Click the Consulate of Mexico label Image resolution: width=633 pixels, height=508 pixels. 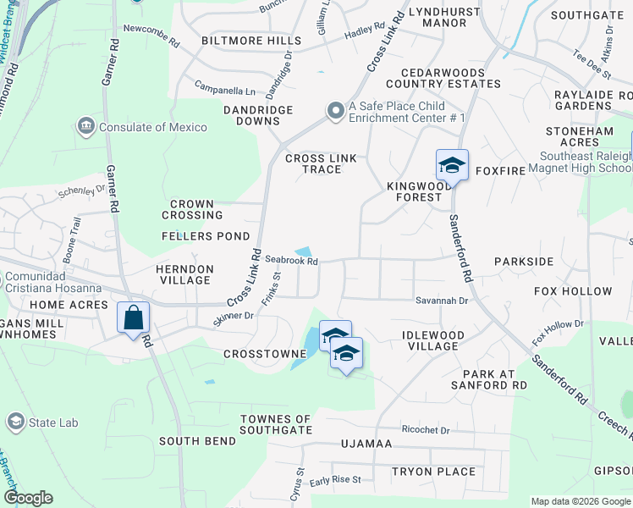152,127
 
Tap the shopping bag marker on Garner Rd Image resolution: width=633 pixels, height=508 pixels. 134,319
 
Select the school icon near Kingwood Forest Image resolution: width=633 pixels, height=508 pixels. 452,166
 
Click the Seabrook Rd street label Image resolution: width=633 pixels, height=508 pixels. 291,262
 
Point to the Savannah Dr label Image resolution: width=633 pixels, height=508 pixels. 441,301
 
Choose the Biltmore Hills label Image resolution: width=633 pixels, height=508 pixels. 250,41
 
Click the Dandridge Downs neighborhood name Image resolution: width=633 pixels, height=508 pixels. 258,116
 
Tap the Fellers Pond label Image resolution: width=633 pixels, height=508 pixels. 206,236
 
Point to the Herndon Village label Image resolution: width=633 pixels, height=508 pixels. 184,274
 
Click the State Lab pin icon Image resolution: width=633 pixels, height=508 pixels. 15,421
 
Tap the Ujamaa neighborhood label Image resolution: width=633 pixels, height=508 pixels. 366,444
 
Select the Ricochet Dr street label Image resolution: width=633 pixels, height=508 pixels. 426,430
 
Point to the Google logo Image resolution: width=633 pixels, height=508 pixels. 28,498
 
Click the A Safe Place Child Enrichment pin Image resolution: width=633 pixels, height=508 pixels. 336,111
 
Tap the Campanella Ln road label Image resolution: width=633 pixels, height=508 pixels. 224,90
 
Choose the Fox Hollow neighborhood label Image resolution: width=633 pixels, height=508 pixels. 573,292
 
